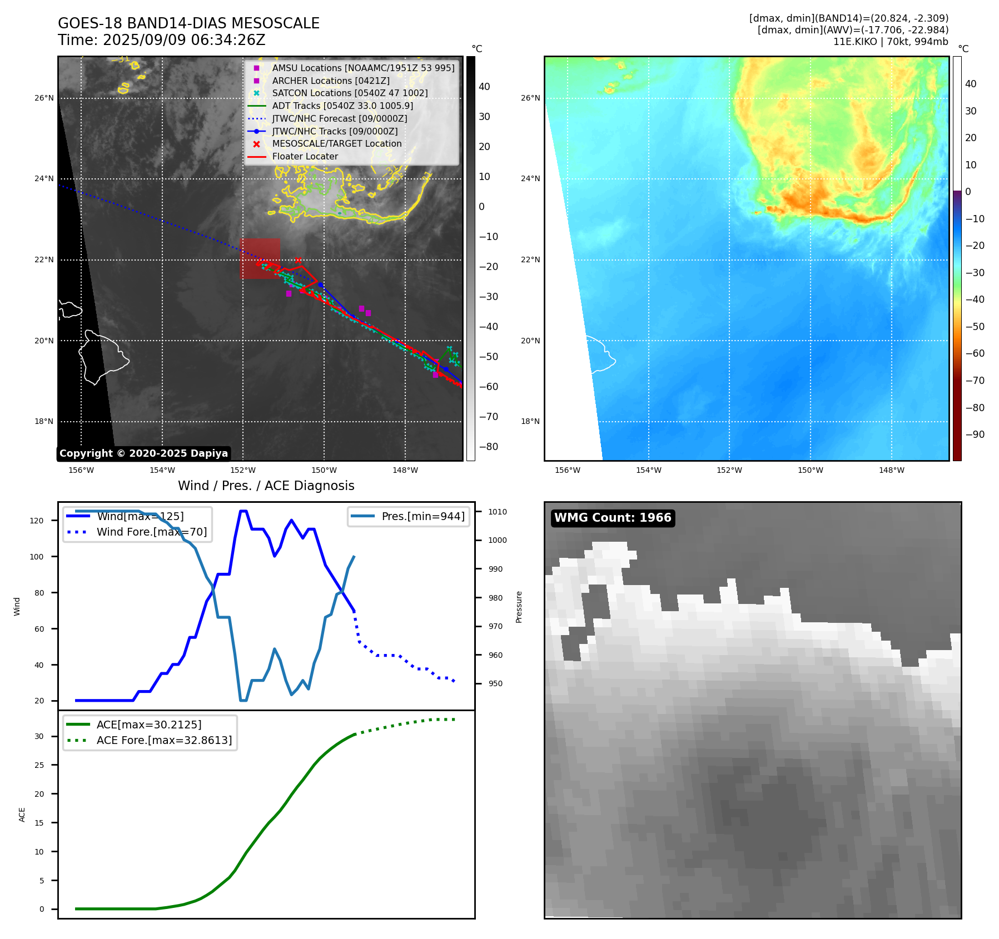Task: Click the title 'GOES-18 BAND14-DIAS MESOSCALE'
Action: pos(188,23)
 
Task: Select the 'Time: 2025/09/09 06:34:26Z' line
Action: pos(161,40)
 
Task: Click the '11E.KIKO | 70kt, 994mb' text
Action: pos(891,42)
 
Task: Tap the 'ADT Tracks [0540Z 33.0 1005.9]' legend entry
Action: pos(342,106)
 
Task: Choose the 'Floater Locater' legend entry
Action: pos(305,157)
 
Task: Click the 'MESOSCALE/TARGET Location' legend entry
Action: pos(336,144)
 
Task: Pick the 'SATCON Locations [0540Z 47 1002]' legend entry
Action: pos(350,93)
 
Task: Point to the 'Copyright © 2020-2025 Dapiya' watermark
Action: pos(143,453)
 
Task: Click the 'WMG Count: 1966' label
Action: pos(613,518)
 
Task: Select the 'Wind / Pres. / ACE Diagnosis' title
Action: pos(266,486)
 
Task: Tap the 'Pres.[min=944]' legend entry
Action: pos(423,516)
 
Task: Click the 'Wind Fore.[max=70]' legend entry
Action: pos(151,532)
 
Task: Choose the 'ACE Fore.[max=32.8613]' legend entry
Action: pos(164,740)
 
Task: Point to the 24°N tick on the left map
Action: pos(44,179)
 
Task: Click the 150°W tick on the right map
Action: pos(810,470)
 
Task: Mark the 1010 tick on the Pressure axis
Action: pos(498,512)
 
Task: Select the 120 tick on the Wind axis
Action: pos(37,521)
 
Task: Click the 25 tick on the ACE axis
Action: pos(39,765)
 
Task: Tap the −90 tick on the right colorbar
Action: pos(975,434)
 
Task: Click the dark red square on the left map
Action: pos(260,258)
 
